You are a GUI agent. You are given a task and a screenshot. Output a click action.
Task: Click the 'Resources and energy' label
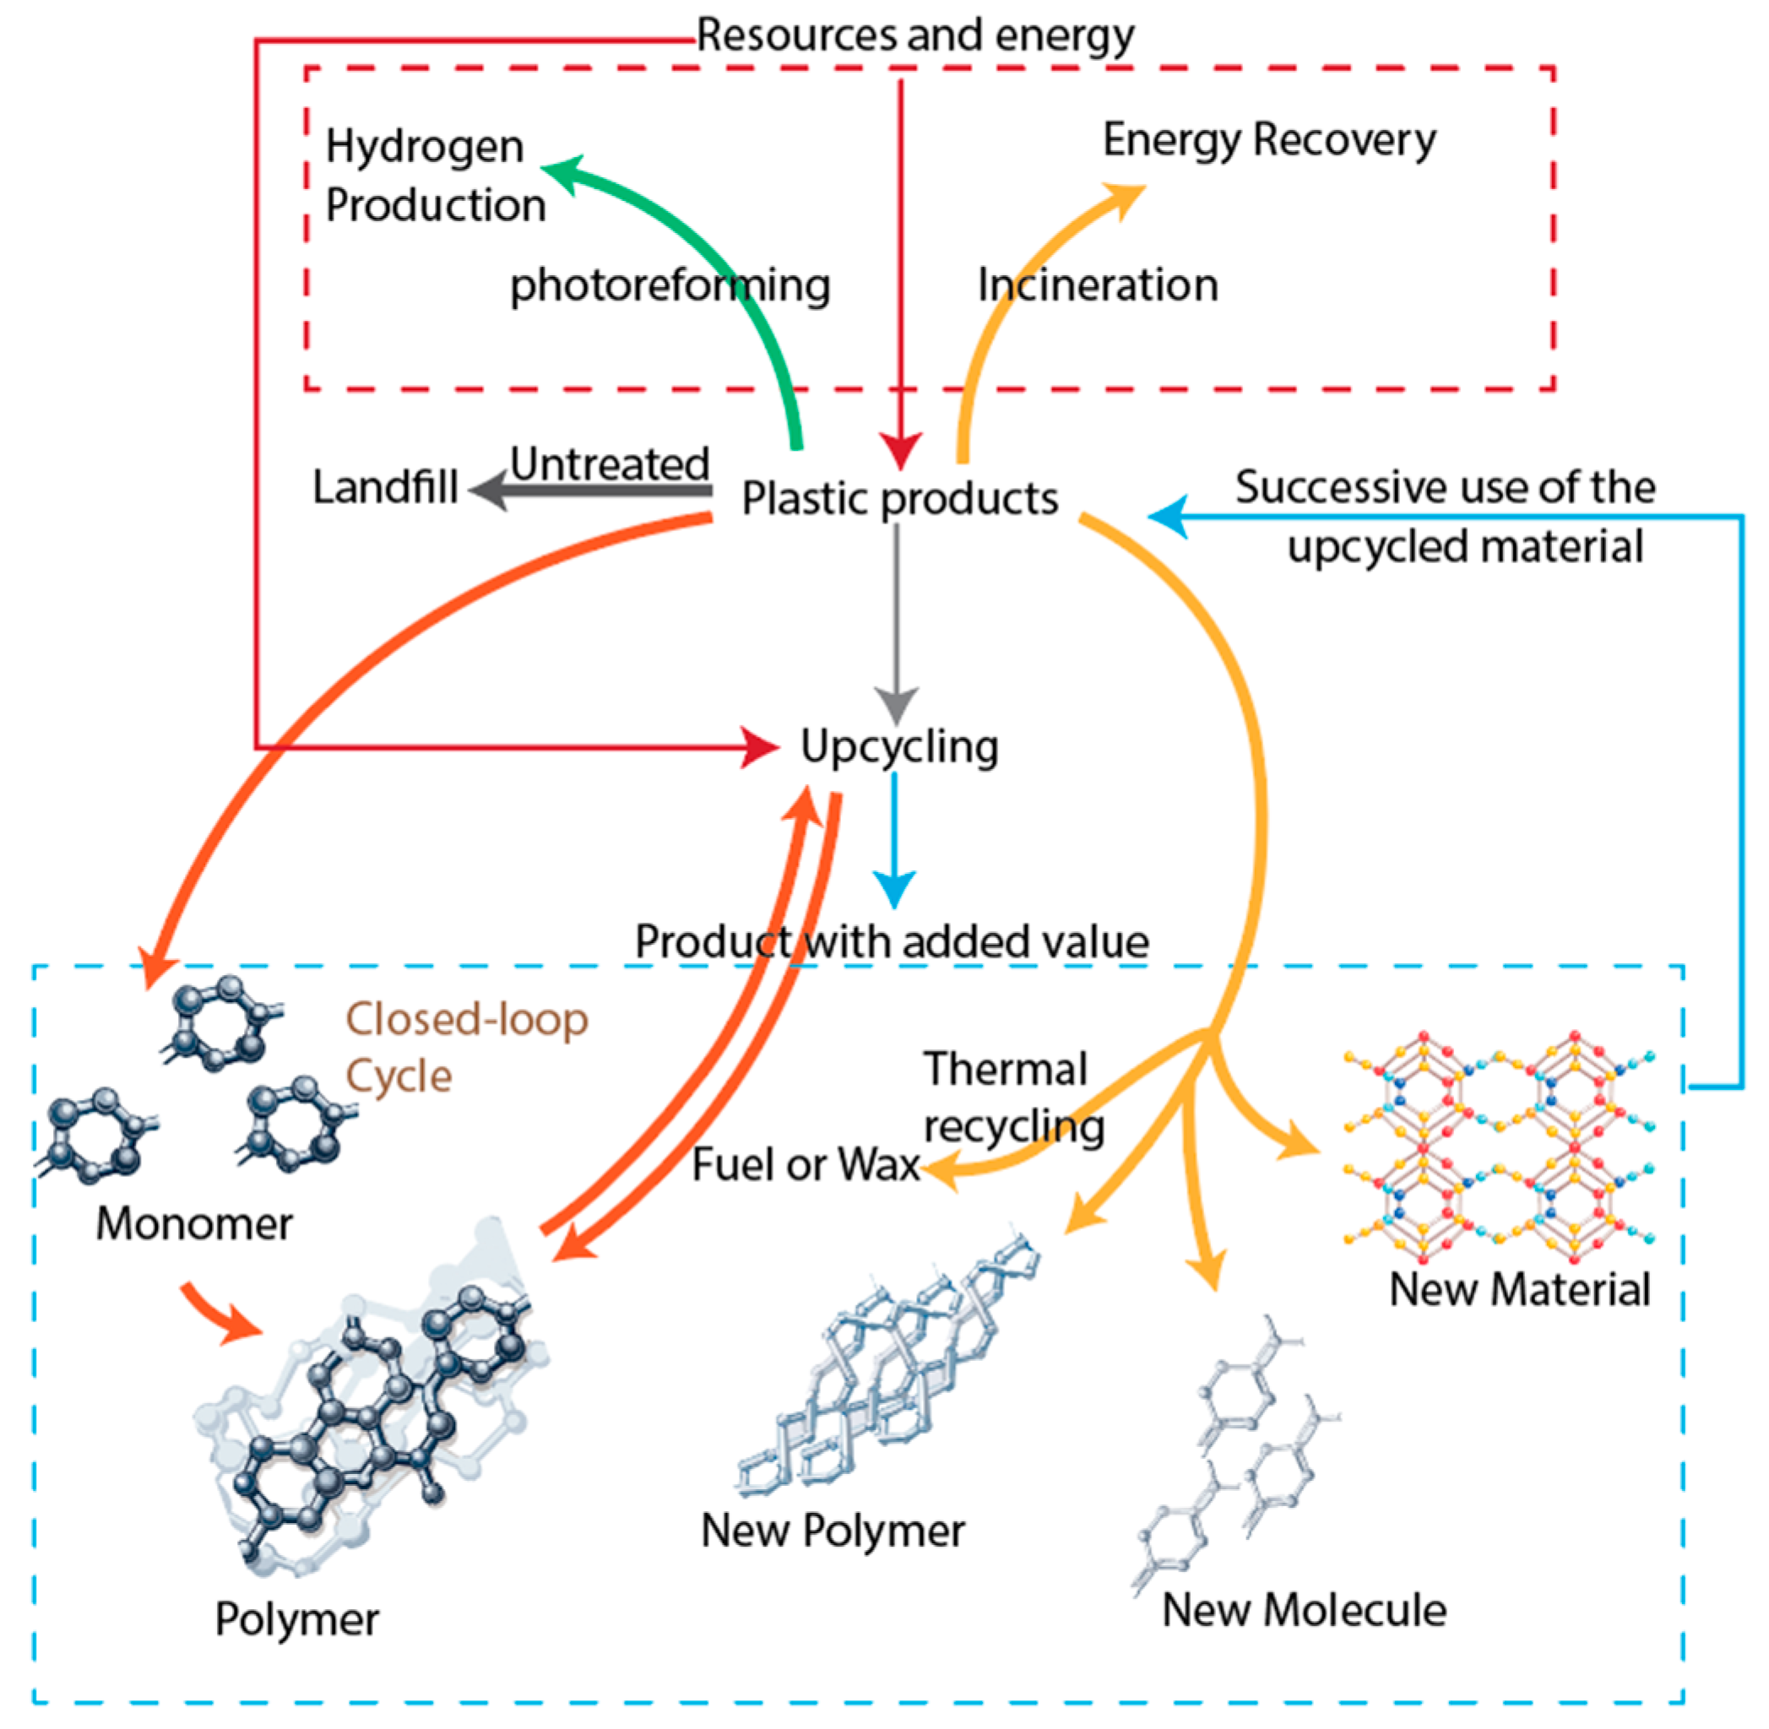click(x=914, y=36)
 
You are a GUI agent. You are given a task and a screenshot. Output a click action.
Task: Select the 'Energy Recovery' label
click(x=1268, y=140)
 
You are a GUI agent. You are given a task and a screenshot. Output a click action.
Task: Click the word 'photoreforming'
click(x=670, y=285)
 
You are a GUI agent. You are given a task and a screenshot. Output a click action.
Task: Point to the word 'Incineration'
click(x=1097, y=285)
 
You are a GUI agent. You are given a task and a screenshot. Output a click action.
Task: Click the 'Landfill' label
click(x=384, y=488)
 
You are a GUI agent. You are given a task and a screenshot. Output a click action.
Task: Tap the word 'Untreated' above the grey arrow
click(x=610, y=464)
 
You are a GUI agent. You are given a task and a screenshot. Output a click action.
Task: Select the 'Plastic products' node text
click(x=899, y=499)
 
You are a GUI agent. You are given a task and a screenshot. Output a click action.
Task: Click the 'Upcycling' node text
click(x=899, y=747)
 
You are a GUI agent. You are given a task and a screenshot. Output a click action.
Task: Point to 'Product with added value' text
click(x=892, y=941)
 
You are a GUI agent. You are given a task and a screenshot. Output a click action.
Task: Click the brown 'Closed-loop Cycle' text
click(x=466, y=1047)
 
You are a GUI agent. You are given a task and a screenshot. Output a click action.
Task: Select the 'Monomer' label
click(x=194, y=1223)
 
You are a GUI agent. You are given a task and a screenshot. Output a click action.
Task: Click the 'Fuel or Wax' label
click(x=805, y=1165)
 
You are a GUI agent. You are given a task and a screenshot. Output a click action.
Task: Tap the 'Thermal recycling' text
click(x=1012, y=1098)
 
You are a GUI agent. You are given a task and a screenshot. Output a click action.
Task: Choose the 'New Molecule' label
click(x=1304, y=1611)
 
